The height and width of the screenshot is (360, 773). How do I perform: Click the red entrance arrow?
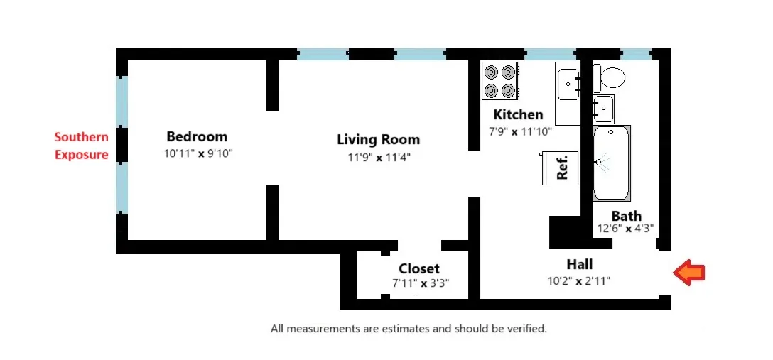pyautogui.click(x=689, y=273)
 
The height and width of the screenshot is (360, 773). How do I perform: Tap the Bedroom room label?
pyautogui.click(x=197, y=136)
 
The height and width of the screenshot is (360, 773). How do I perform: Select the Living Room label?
pyautogui.click(x=378, y=139)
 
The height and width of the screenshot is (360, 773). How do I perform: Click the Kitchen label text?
pyautogui.click(x=518, y=114)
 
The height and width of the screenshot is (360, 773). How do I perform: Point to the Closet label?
pyautogui.click(x=418, y=268)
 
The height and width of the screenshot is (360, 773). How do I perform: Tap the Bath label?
pyautogui.click(x=626, y=216)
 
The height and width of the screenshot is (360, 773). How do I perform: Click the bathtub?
pyautogui.click(x=612, y=163)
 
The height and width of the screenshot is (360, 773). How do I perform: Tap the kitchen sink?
pyautogui.click(x=569, y=84)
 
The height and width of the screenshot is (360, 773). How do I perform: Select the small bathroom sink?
pyautogui.click(x=603, y=109)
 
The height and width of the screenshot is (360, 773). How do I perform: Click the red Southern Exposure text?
pyautogui.click(x=82, y=146)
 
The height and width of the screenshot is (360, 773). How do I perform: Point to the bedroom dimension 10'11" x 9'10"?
pyautogui.click(x=198, y=153)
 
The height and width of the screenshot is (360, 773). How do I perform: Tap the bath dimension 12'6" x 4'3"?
pyautogui.click(x=625, y=229)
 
